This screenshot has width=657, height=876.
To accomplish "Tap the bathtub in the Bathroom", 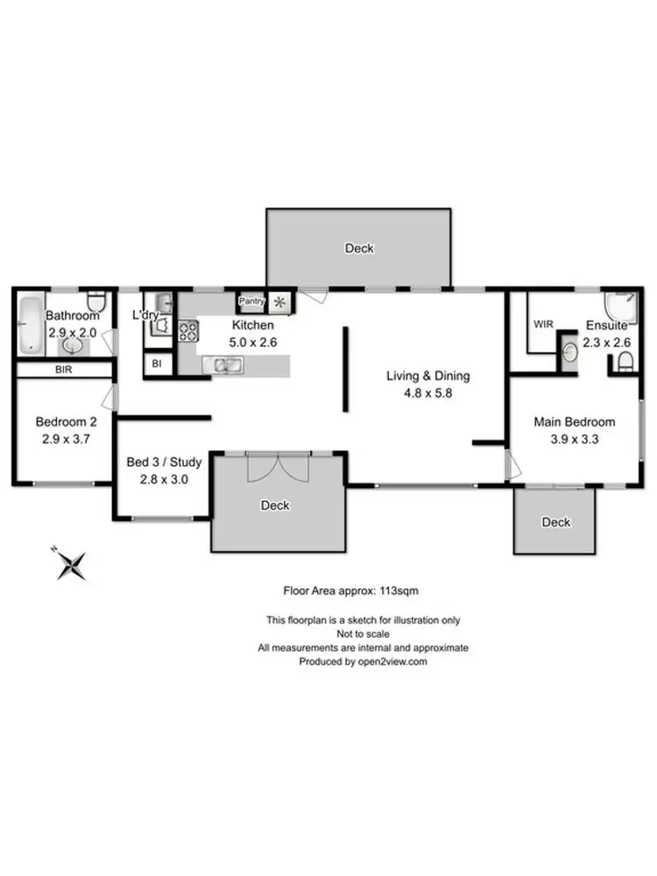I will pyautogui.click(x=31, y=323).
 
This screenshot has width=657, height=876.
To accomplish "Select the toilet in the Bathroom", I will pyautogui.click(x=98, y=302).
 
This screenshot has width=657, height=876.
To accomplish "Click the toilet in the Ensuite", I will pyautogui.click(x=625, y=363).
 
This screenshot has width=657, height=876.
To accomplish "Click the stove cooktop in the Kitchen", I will pyautogui.click(x=188, y=331).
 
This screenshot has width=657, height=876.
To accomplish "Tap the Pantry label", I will pyautogui.click(x=251, y=302).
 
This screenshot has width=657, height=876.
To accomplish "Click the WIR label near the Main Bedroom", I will pyautogui.click(x=543, y=323).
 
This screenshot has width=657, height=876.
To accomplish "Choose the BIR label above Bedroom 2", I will pyautogui.click(x=63, y=371).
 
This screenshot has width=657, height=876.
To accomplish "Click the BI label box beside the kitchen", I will pyautogui.click(x=157, y=363).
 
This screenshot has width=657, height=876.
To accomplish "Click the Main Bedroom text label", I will pyautogui.click(x=575, y=421).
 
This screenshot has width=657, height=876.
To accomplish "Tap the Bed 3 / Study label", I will pyautogui.click(x=165, y=462).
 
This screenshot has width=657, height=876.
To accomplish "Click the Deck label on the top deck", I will pyautogui.click(x=359, y=249).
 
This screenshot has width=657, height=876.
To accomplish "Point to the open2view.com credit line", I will pyautogui.click(x=363, y=662).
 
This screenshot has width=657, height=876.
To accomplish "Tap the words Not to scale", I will pyautogui.click(x=363, y=633).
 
